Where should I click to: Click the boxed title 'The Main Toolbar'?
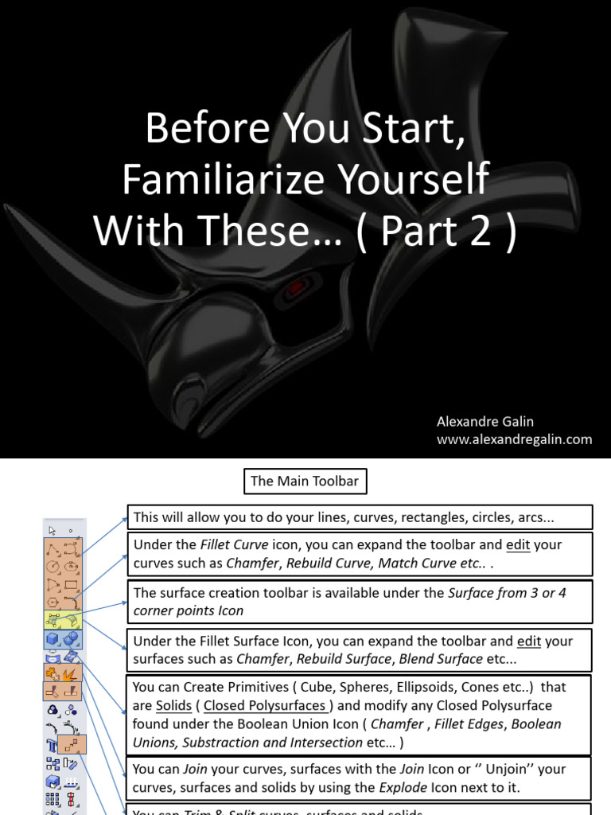tap(305, 481)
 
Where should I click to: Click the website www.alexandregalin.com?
tap(515, 439)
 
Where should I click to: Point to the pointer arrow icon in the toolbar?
tap(53, 530)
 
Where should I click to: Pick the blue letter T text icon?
tap(53, 745)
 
